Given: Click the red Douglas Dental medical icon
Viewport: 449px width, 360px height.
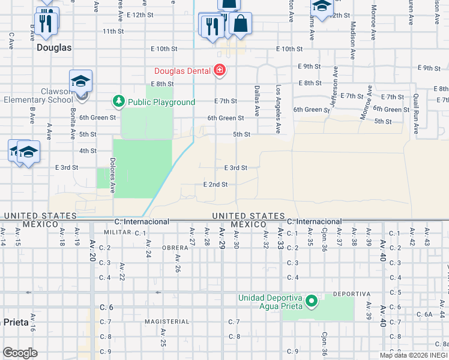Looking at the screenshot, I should (x=220, y=71).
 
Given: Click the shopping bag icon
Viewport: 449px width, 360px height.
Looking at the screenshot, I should (x=240, y=25).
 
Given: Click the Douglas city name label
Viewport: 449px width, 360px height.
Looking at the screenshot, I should (x=54, y=47).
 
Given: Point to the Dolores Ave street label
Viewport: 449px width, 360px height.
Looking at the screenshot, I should (x=112, y=173).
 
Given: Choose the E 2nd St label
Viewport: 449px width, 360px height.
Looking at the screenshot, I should (x=215, y=184).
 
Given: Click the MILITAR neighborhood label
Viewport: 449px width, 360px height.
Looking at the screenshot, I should (x=117, y=232).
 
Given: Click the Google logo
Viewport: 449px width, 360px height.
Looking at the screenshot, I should (x=20, y=353).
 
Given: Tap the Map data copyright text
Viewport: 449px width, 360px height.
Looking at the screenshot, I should (x=414, y=355).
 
